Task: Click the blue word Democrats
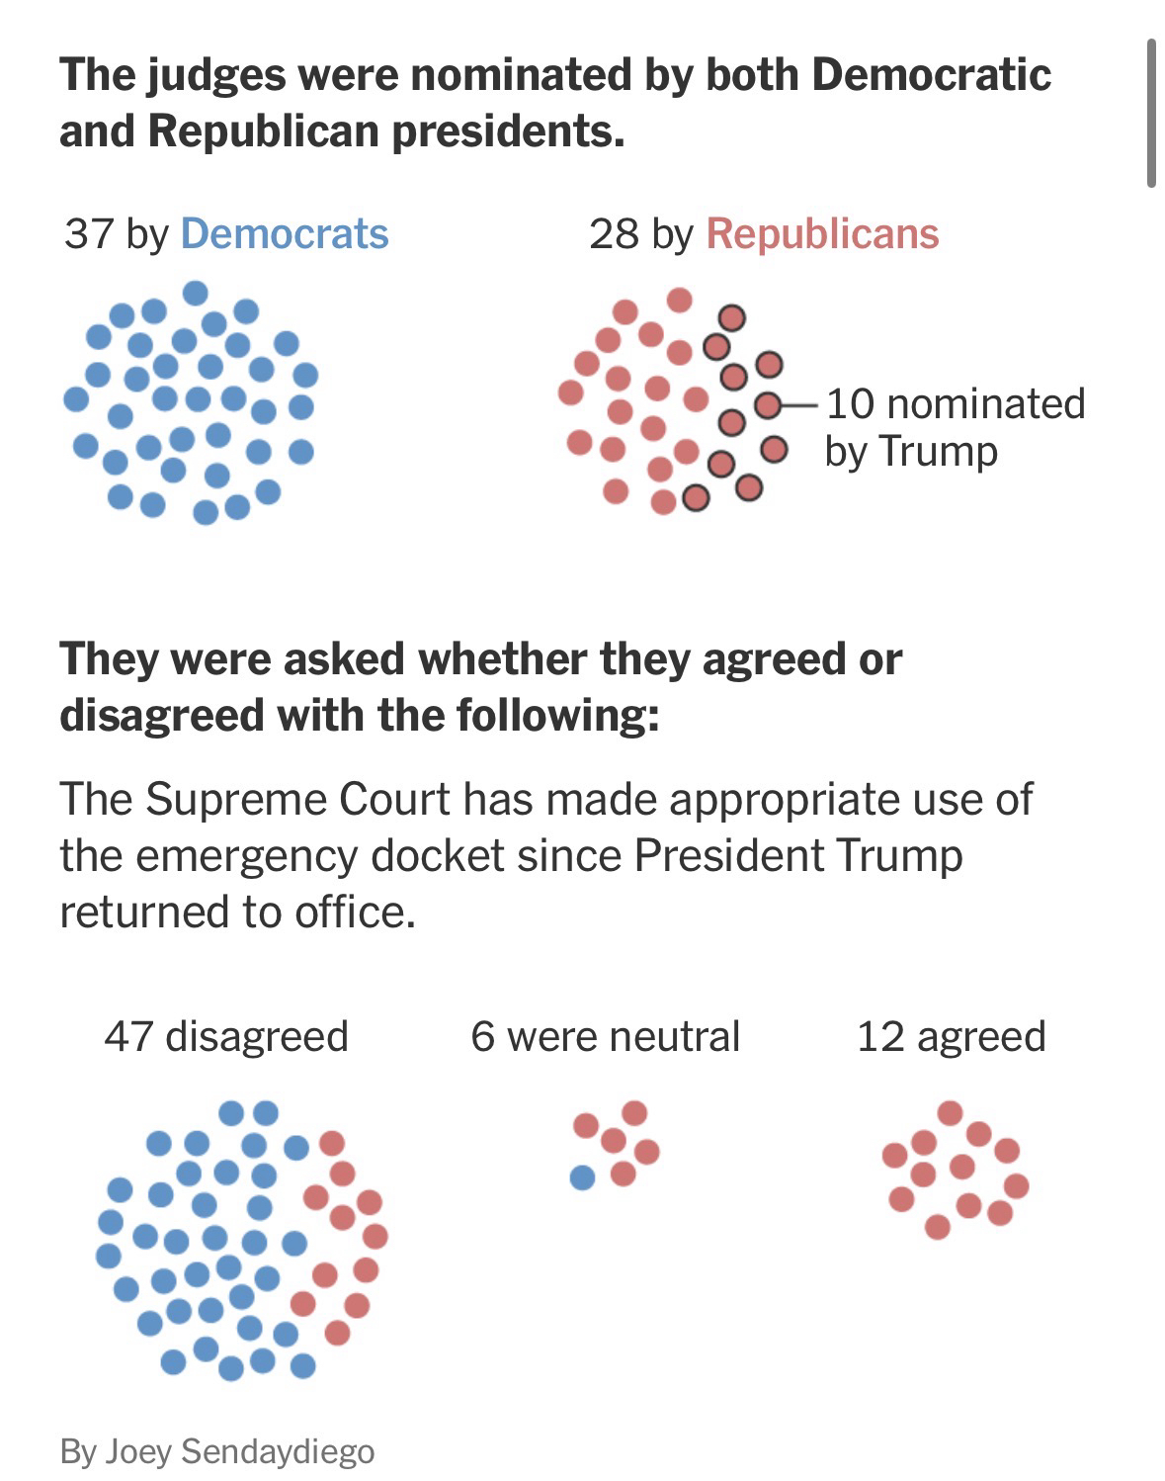(x=285, y=233)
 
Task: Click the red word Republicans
(x=822, y=233)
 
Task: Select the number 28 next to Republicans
(x=614, y=233)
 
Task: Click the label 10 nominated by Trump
(x=955, y=427)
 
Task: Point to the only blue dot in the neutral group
(x=583, y=1177)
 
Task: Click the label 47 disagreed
(x=226, y=1036)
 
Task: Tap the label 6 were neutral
(x=605, y=1036)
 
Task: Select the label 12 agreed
(x=951, y=1036)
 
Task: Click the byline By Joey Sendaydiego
(x=217, y=1451)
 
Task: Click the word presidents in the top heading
(x=507, y=131)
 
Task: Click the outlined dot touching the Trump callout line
(x=768, y=405)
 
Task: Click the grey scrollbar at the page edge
(x=1151, y=114)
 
